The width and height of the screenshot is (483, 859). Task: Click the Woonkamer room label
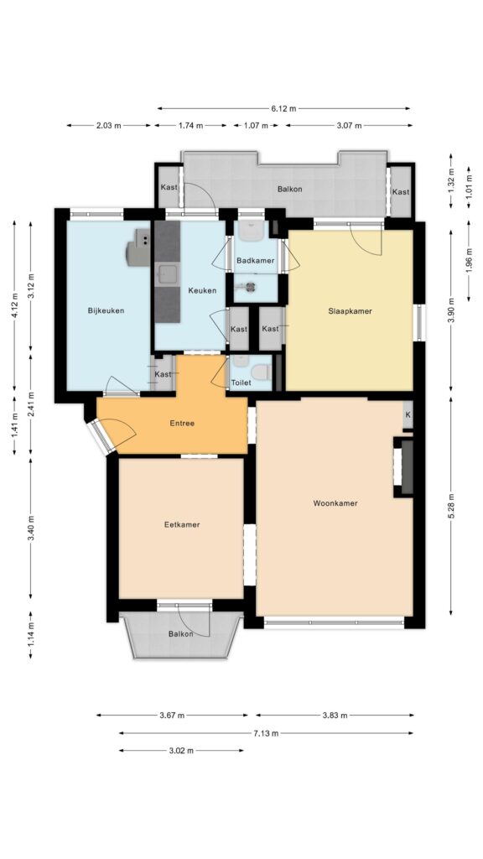tap(335, 503)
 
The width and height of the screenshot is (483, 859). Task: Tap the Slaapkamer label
tap(350, 311)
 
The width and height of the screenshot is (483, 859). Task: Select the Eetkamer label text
tap(182, 524)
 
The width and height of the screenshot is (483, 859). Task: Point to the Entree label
tap(182, 423)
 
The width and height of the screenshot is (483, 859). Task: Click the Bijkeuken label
tap(106, 310)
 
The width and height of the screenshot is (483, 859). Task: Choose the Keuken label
tap(202, 290)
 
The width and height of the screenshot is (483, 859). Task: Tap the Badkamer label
tap(255, 261)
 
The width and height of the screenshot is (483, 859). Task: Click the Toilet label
tap(241, 383)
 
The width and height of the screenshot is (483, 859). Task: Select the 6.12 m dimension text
tap(283, 108)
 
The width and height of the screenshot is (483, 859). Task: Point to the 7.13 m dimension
tap(266, 733)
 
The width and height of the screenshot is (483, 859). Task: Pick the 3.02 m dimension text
tap(181, 751)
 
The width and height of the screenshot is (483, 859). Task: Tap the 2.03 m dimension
tap(109, 126)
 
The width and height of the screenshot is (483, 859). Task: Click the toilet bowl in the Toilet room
tap(262, 372)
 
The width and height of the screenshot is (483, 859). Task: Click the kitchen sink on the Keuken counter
tap(167, 274)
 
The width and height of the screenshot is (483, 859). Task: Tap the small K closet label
tap(408, 414)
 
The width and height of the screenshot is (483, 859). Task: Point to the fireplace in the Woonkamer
tap(403, 466)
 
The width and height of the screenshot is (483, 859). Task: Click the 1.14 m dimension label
tap(31, 634)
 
